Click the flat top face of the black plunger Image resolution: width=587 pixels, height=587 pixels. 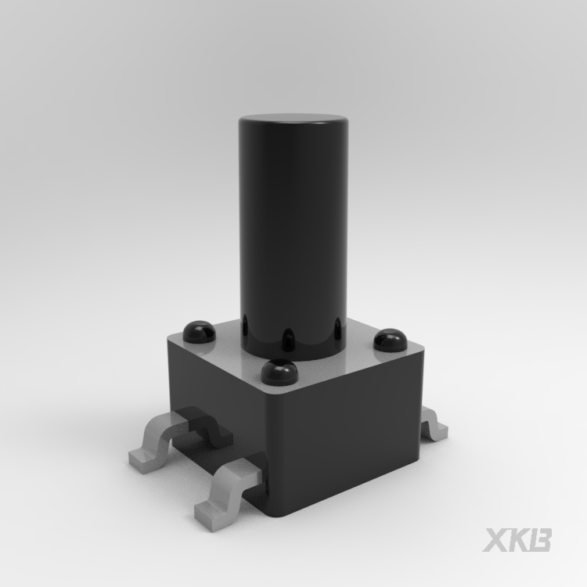tap(293, 119)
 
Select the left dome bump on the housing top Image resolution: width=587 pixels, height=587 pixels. tap(200, 331)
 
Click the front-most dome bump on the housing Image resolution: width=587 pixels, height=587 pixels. tap(279, 371)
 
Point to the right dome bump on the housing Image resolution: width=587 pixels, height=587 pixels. tap(391, 340)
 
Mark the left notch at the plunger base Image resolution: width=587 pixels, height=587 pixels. tap(245, 325)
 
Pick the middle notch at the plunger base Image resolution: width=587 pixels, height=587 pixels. tap(288, 340)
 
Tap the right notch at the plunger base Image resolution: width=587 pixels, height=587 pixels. tap(338, 329)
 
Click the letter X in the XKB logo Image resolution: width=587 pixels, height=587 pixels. tap(496, 540)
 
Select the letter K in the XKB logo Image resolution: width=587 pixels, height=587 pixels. tap(518, 540)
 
